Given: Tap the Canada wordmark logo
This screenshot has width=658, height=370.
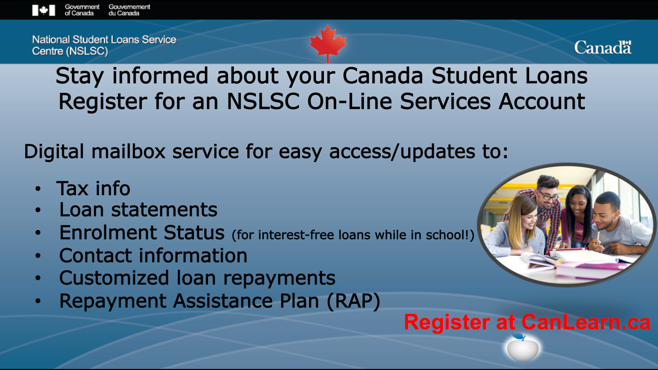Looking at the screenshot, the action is coord(602,47).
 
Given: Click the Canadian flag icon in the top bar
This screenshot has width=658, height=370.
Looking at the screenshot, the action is coord(44,10).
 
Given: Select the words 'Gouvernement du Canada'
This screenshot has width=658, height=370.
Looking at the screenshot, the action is coord(129,10).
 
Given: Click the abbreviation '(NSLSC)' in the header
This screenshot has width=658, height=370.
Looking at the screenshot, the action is coord(87,51).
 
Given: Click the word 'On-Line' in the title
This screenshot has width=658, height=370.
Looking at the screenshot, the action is coord(349,101).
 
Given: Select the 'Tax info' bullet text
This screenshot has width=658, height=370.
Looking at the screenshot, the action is coord(93,188).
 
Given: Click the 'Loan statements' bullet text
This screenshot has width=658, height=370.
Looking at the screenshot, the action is coord(138,210).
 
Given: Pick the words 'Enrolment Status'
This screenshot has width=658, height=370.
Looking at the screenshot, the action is coord(142,233).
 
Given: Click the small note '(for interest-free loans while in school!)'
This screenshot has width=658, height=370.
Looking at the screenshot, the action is coord(353,235).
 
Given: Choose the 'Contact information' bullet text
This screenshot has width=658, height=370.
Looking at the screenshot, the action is coord(153,256).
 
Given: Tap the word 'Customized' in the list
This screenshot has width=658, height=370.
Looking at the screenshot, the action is coord(114,278).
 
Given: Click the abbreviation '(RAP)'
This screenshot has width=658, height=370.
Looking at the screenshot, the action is coord(353,301).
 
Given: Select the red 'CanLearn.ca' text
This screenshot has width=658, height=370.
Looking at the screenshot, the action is coord(586,322).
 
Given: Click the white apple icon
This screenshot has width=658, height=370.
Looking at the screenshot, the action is coord(522,347).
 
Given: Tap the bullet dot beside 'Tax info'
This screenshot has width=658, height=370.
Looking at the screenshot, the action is coord(38,188).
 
